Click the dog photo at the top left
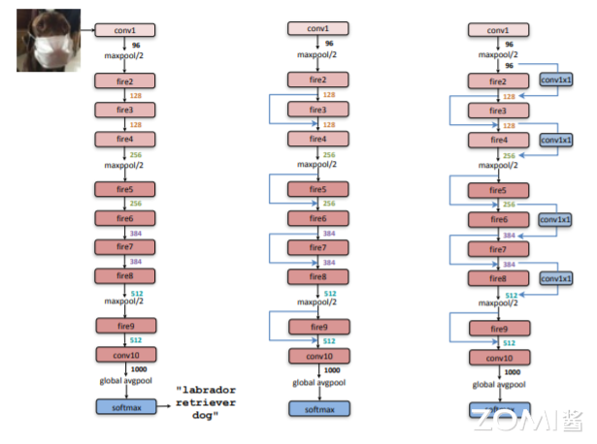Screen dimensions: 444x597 (48, 39)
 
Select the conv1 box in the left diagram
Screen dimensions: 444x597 (125, 29)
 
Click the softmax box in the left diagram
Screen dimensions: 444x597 (125, 404)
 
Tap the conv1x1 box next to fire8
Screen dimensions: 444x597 (556, 279)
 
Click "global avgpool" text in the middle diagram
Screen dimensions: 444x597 (318, 382)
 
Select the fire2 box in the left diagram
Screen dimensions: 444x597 (125, 82)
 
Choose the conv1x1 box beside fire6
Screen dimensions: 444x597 (556, 220)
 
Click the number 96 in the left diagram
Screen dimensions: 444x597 (137, 44)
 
